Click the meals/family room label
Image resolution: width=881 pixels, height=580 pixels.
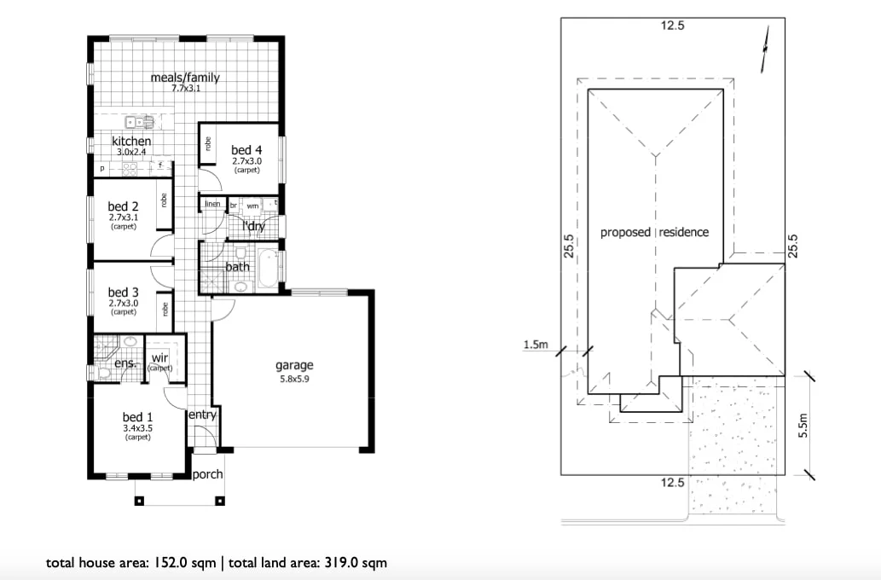(x=185, y=78)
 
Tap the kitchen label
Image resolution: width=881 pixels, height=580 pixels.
(x=131, y=141)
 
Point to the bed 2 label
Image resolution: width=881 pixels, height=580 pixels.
(x=123, y=206)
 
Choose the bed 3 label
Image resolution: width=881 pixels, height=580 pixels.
(x=123, y=292)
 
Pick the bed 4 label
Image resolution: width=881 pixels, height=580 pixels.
(x=246, y=150)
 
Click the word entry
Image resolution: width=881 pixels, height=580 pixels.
(x=202, y=415)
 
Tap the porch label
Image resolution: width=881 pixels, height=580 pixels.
(x=207, y=475)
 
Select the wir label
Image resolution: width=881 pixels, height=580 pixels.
(x=159, y=358)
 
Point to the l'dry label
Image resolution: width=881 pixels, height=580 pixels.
(x=253, y=226)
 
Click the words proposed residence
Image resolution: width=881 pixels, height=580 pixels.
(x=654, y=232)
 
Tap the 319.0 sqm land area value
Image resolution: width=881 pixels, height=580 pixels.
(x=355, y=563)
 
